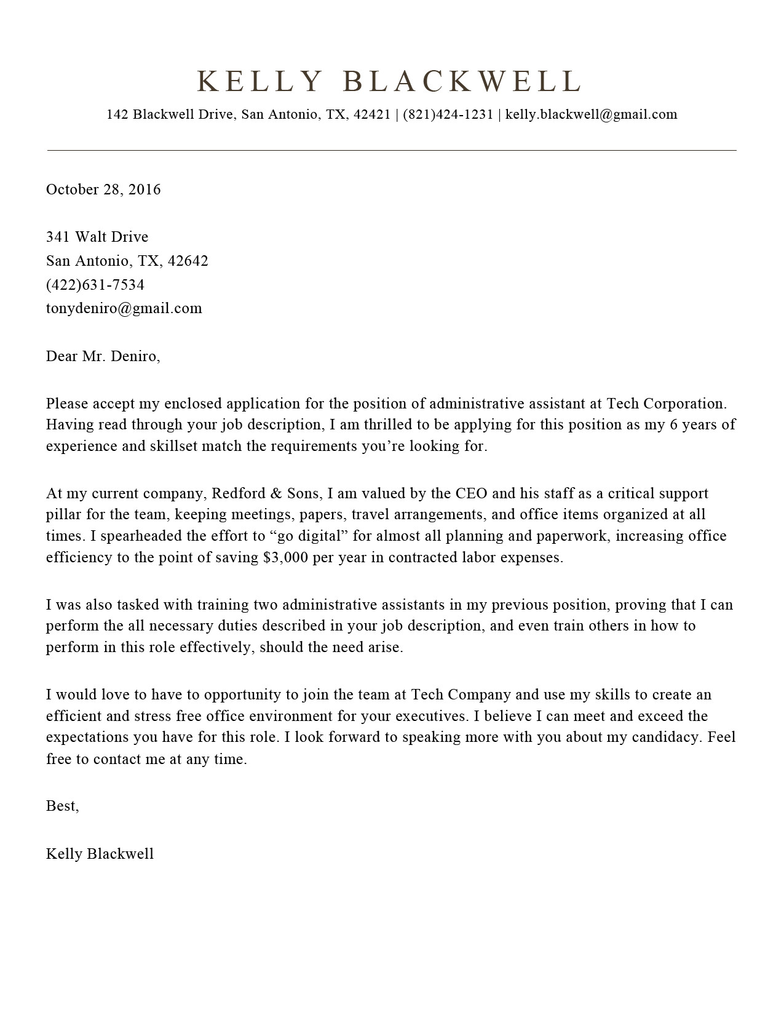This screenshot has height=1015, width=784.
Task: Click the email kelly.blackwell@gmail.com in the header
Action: (591, 114)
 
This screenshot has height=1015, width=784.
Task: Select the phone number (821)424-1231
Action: (448, 114)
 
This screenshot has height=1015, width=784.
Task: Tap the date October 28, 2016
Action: (103, 189)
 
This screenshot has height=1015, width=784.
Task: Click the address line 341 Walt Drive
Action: (97, 237)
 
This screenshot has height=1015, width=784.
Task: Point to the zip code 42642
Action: (188, 261)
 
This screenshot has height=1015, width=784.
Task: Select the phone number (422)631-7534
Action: (95, 285)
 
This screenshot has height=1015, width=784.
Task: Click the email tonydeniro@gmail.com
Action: (124, 308)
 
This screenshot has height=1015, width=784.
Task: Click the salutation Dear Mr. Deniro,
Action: (103, 356)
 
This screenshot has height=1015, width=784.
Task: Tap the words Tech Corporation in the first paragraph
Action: (666, 404)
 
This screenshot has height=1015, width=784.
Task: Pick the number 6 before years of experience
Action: (674, 424)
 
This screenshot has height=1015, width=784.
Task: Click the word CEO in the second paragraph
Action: (471, 493)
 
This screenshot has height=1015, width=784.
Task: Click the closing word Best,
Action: (62, 806)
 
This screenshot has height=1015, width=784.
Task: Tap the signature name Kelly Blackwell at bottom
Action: (100, 854)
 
